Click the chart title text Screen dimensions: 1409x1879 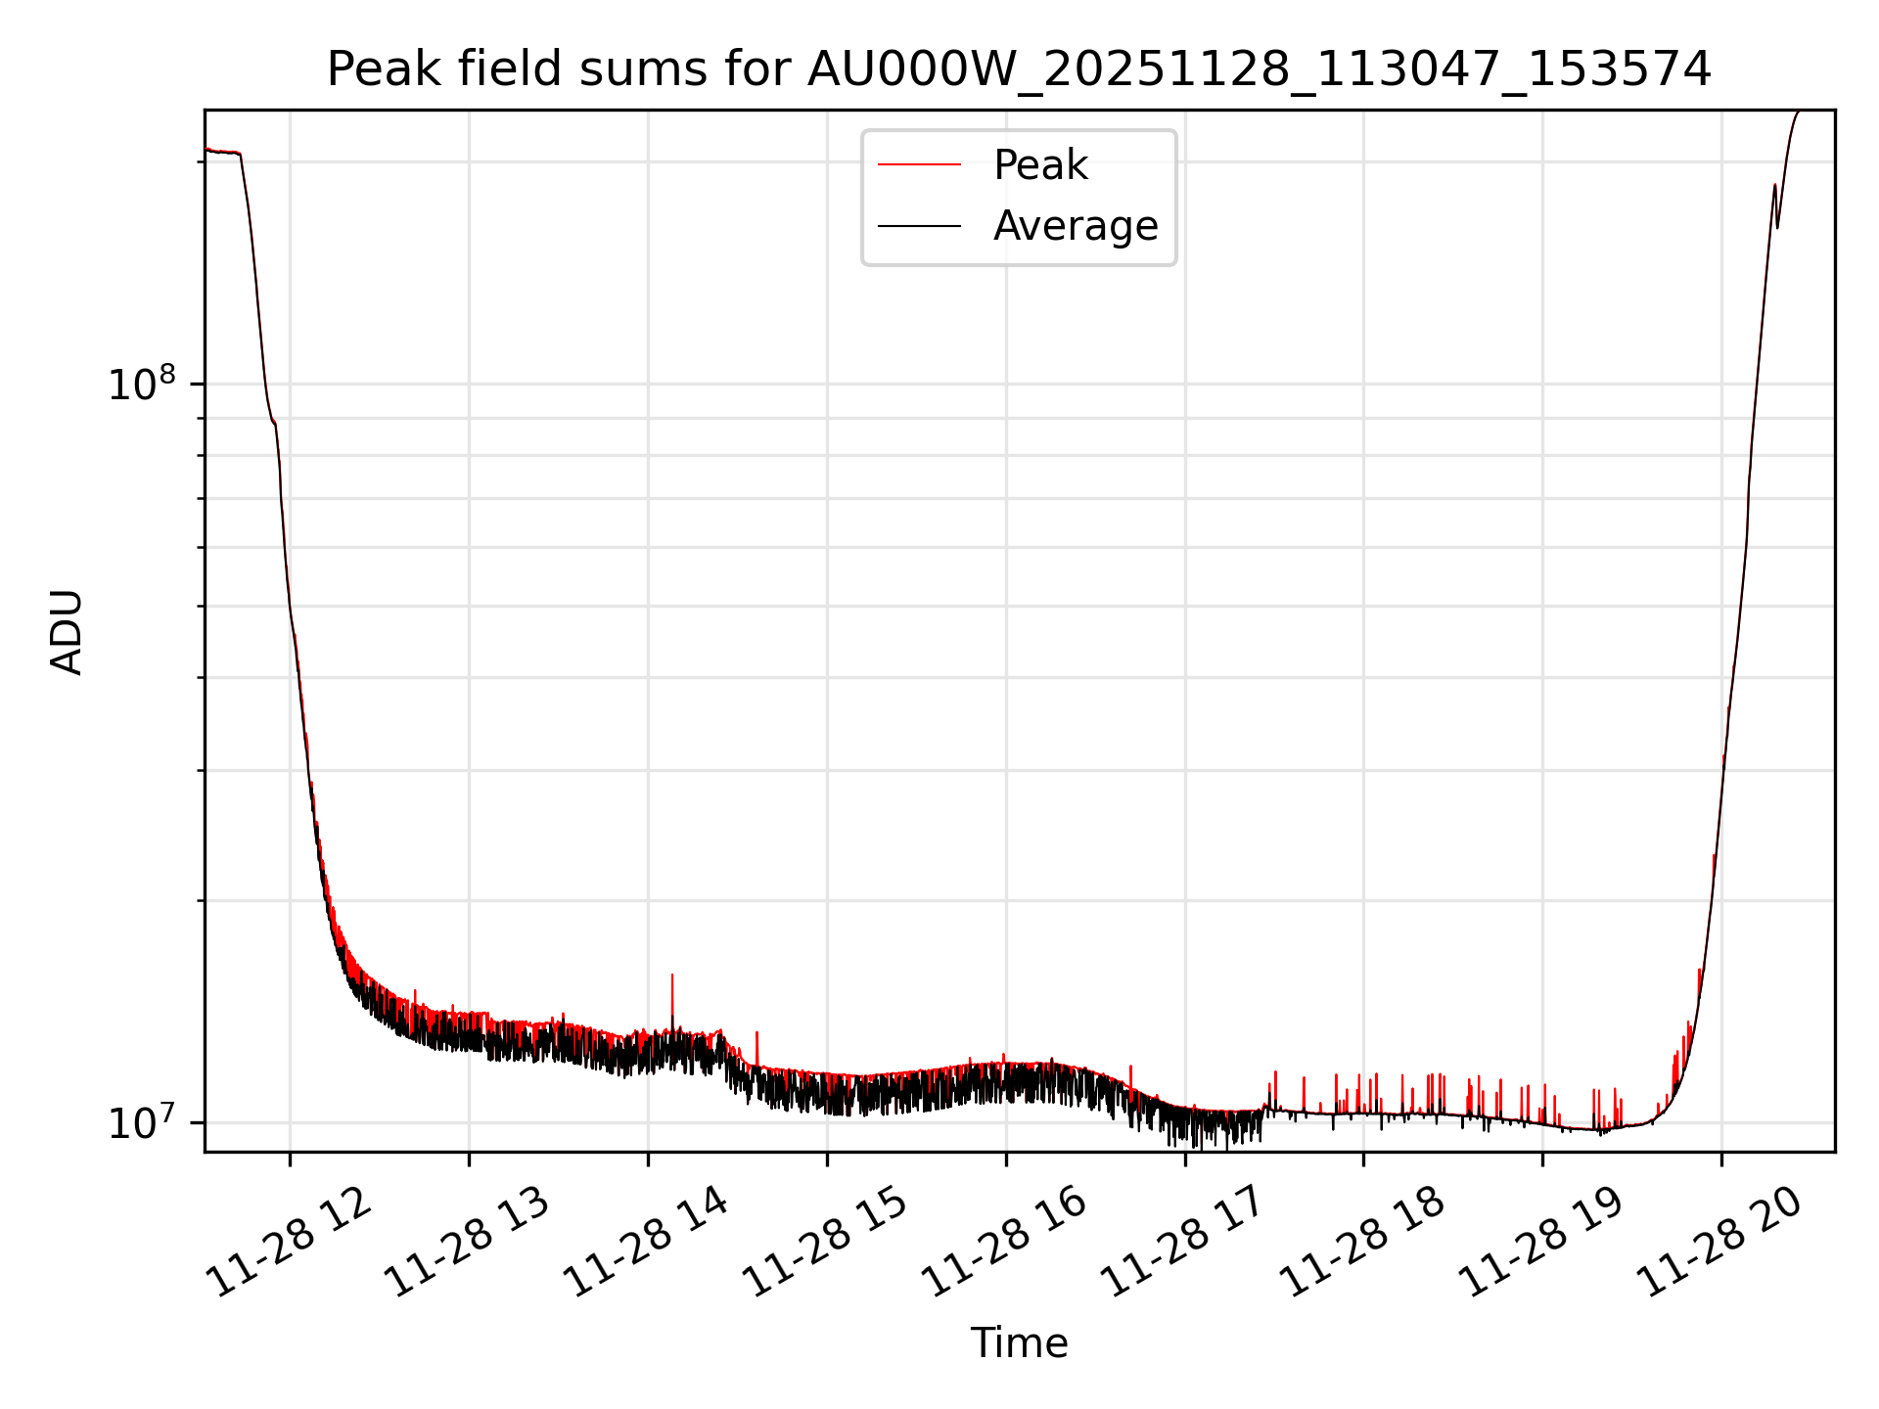(1019, 69)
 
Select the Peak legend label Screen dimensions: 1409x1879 (1040, 165)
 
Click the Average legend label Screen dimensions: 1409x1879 (1076, 226)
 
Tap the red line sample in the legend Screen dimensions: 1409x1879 (919, 165)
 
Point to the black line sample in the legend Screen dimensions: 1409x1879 (919, 226)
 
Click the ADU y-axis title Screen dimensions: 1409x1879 (67, 632)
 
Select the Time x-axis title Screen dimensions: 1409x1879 (1019, 1343)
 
